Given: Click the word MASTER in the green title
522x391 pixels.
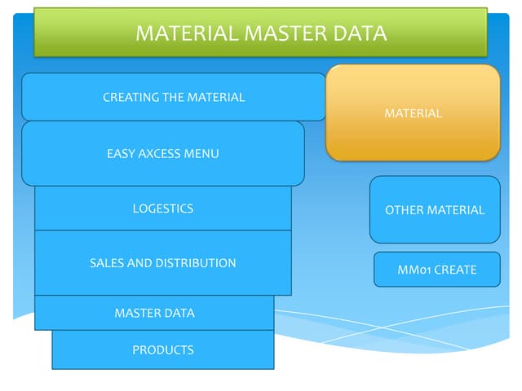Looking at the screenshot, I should click(x=285, y=33).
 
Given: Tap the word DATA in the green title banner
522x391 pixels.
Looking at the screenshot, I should click(x=358, y=33).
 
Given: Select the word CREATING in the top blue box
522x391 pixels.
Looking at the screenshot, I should click(x=130, y=97).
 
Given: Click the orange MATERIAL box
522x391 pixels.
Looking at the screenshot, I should click(x=413, y=113).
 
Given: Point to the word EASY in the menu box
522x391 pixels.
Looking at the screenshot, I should click(x=121, y=153).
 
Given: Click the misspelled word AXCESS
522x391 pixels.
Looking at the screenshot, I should click(x=162, y=153).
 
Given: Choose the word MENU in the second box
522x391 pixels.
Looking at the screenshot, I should click(x=204, y=153).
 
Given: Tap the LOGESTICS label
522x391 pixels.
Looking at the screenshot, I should click(x=163, y=209).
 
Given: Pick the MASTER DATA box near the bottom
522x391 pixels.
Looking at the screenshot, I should click(x=154, y=313).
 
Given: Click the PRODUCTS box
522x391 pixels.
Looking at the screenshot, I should click(x=163, y=349).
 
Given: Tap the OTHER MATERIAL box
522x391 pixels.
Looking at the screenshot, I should click(x=435, y=210).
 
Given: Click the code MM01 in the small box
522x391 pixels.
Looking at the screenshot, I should click(x=414, y=270).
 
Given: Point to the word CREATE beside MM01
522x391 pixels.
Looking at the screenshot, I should click(x=455, y=270).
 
